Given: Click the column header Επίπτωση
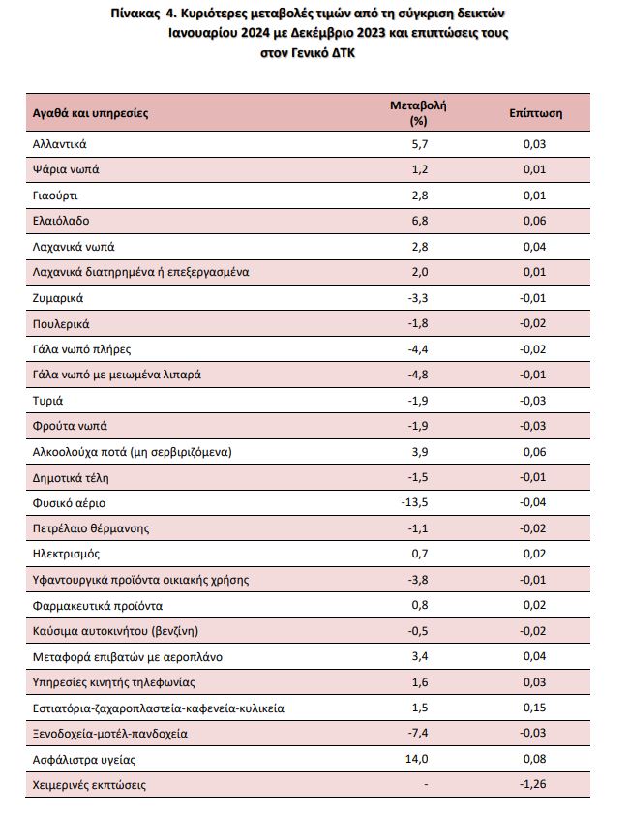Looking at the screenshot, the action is pyautogui.click(x=536, y=113).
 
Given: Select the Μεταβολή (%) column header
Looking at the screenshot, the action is pyautogui.click(x=418, y=112).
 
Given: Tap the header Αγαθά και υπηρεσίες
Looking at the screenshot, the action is pyautogui.click(x=90, y=113).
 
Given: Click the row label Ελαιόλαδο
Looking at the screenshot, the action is pyautogui.click(x=61, y=221).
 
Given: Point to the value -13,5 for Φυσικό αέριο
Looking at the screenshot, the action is pyautogui.click(x=414, y=502).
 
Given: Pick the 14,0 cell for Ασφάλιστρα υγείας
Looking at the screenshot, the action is pyautogui.click(x=416, y=759).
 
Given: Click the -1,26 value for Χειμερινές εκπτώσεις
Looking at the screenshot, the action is pyautogui.click(x=532, y=783).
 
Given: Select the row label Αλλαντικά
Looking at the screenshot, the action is pyautogui.click(x=60, y=144).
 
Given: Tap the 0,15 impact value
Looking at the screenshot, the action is pyautogui.click(x=534, y=708).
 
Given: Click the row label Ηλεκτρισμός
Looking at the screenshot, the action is pyautogui.click(x=66, y=554).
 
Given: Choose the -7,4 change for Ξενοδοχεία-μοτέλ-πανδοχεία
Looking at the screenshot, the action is pyautogui.click(x=418, y=733).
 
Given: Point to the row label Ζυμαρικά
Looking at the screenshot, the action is pyautogui.click(x=57, y=298).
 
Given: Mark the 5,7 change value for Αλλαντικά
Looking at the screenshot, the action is pyautogui.click(x=420, y=144).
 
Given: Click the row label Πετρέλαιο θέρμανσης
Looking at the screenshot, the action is pyautogui.click(x=91, y=528).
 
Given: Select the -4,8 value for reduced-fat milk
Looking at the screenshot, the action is pyautogui.click(x=418, y=375).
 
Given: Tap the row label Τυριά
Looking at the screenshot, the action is pyautogui.click(x=47, y=401).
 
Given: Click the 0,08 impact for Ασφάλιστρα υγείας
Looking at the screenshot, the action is pyautogui.click(x=534, y=759).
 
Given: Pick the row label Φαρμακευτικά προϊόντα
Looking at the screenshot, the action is pyautogui.click(x=98, y=606).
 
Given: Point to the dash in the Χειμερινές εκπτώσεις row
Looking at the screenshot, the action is pyautogui.click(x=426, y=785).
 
